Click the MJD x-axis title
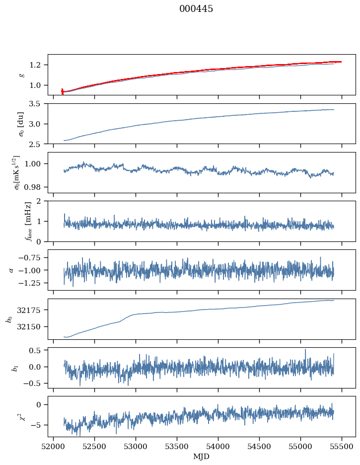click(202, 457)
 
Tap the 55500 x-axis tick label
click(342, 447)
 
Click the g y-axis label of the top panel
click(21, 75)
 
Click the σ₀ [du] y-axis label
click(21, 124)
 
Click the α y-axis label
click(11, 270)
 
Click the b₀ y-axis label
click(8, 318)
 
